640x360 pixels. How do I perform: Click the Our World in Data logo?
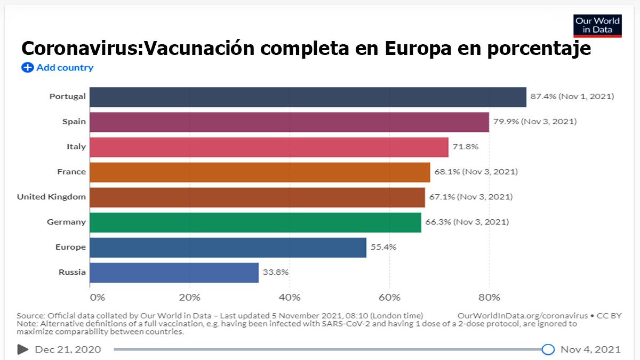point(597,26)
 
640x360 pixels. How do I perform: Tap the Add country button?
point(58,68)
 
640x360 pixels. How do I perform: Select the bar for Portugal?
point(308,97)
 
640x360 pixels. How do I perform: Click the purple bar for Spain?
point(289,122)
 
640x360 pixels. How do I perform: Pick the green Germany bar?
point(255,222)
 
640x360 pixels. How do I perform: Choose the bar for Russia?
point(174,273)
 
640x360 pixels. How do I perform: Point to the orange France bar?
point(260,172)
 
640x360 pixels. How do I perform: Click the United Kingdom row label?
point(51,197)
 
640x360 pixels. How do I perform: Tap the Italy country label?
point(76,147)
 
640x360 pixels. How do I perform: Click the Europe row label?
point(70,247)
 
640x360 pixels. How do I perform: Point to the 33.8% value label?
point(275,272)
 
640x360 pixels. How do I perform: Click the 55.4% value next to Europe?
point(383,247)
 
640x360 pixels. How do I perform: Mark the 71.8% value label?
point(466,147)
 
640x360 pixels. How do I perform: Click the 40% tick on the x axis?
point(290,297)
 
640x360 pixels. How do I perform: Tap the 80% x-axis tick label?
point(489,297)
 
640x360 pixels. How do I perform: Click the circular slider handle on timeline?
point(548,349)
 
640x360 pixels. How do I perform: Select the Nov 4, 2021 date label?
point(590,349)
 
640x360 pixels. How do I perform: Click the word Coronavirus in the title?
point(81,49)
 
